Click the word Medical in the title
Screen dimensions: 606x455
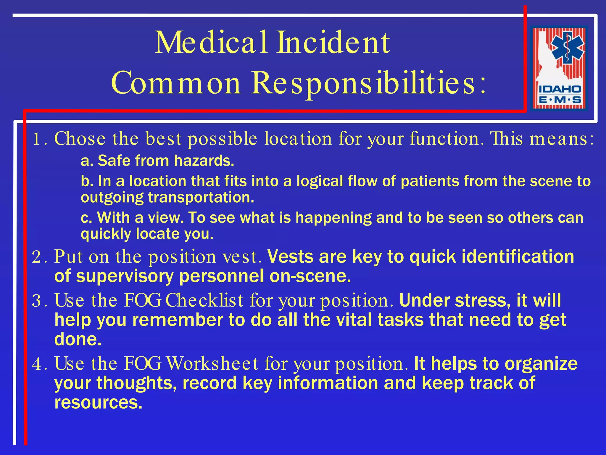pos(211,43)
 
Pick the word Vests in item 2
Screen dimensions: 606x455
pos(290,257)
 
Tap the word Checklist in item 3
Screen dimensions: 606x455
pos(204,300)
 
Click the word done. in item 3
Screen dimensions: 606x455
pos(78,339)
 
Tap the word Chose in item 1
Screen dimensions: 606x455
pos(80,139)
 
